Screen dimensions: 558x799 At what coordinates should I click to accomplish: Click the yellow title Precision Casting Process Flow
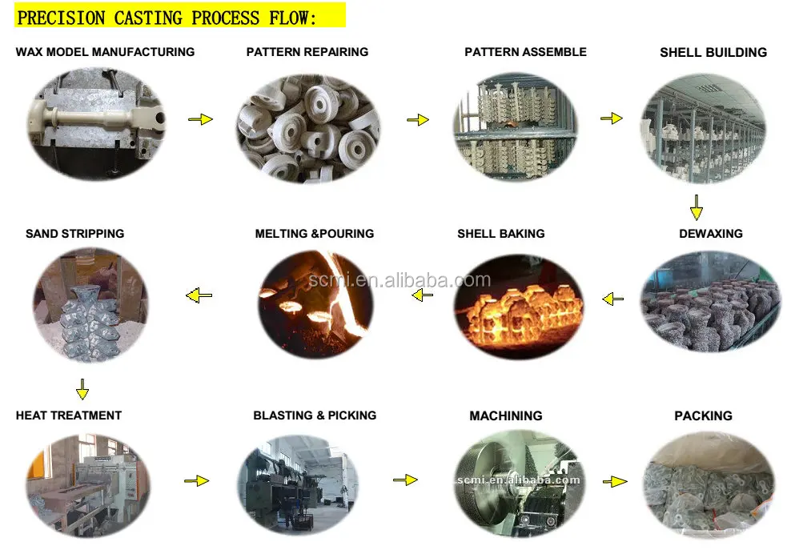tap(167, 17)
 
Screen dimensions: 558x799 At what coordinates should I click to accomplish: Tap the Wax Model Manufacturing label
tap(105, 52)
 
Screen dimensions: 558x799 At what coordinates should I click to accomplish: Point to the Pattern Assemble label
tap(525, 52)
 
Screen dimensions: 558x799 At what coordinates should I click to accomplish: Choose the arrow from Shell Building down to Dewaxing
tap(697, 207)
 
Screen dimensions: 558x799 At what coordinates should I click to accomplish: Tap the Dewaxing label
tap(710, 234)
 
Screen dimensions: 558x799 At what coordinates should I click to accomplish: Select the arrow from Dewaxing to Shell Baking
tap(612, 299)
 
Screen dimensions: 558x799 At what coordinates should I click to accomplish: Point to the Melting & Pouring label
tap(315, 234)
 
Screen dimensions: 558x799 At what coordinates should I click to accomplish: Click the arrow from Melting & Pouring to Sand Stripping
tap(199, 295)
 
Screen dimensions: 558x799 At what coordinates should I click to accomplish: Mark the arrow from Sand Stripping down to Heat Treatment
tap(82, 390)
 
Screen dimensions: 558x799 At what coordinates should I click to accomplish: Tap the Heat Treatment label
tap(69, 415)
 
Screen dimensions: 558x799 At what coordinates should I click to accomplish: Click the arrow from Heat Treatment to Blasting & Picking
tap(196, 481)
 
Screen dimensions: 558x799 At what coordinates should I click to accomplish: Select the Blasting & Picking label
tap(315, 415)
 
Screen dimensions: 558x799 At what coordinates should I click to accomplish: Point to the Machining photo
tap(518, 483)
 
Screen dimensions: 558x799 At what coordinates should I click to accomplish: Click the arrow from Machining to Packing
tap(614, 482)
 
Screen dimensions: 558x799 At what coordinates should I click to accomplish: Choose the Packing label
tap(703, 416)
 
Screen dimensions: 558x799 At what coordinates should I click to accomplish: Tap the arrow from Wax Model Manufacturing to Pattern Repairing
tap(200, 119)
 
